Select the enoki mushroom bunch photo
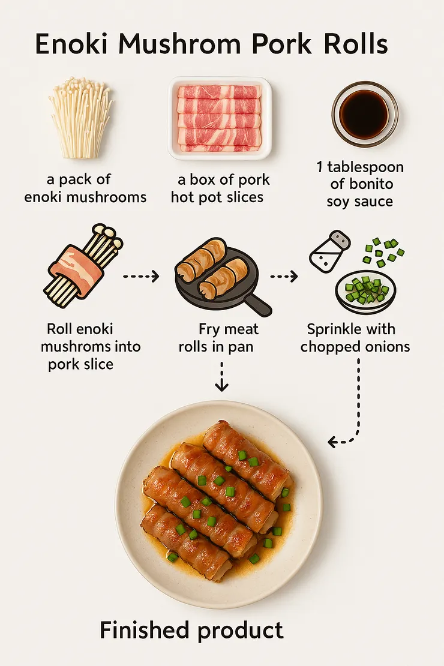point(81,117)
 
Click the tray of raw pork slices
point(220,118)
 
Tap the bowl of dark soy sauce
point(365,114)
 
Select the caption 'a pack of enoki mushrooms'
point(85,188)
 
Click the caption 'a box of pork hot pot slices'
point(220,188)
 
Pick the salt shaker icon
point(330,251)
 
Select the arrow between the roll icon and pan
point(141,276)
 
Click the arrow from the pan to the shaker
point(284,277)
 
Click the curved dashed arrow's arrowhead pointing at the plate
point(332,442)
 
